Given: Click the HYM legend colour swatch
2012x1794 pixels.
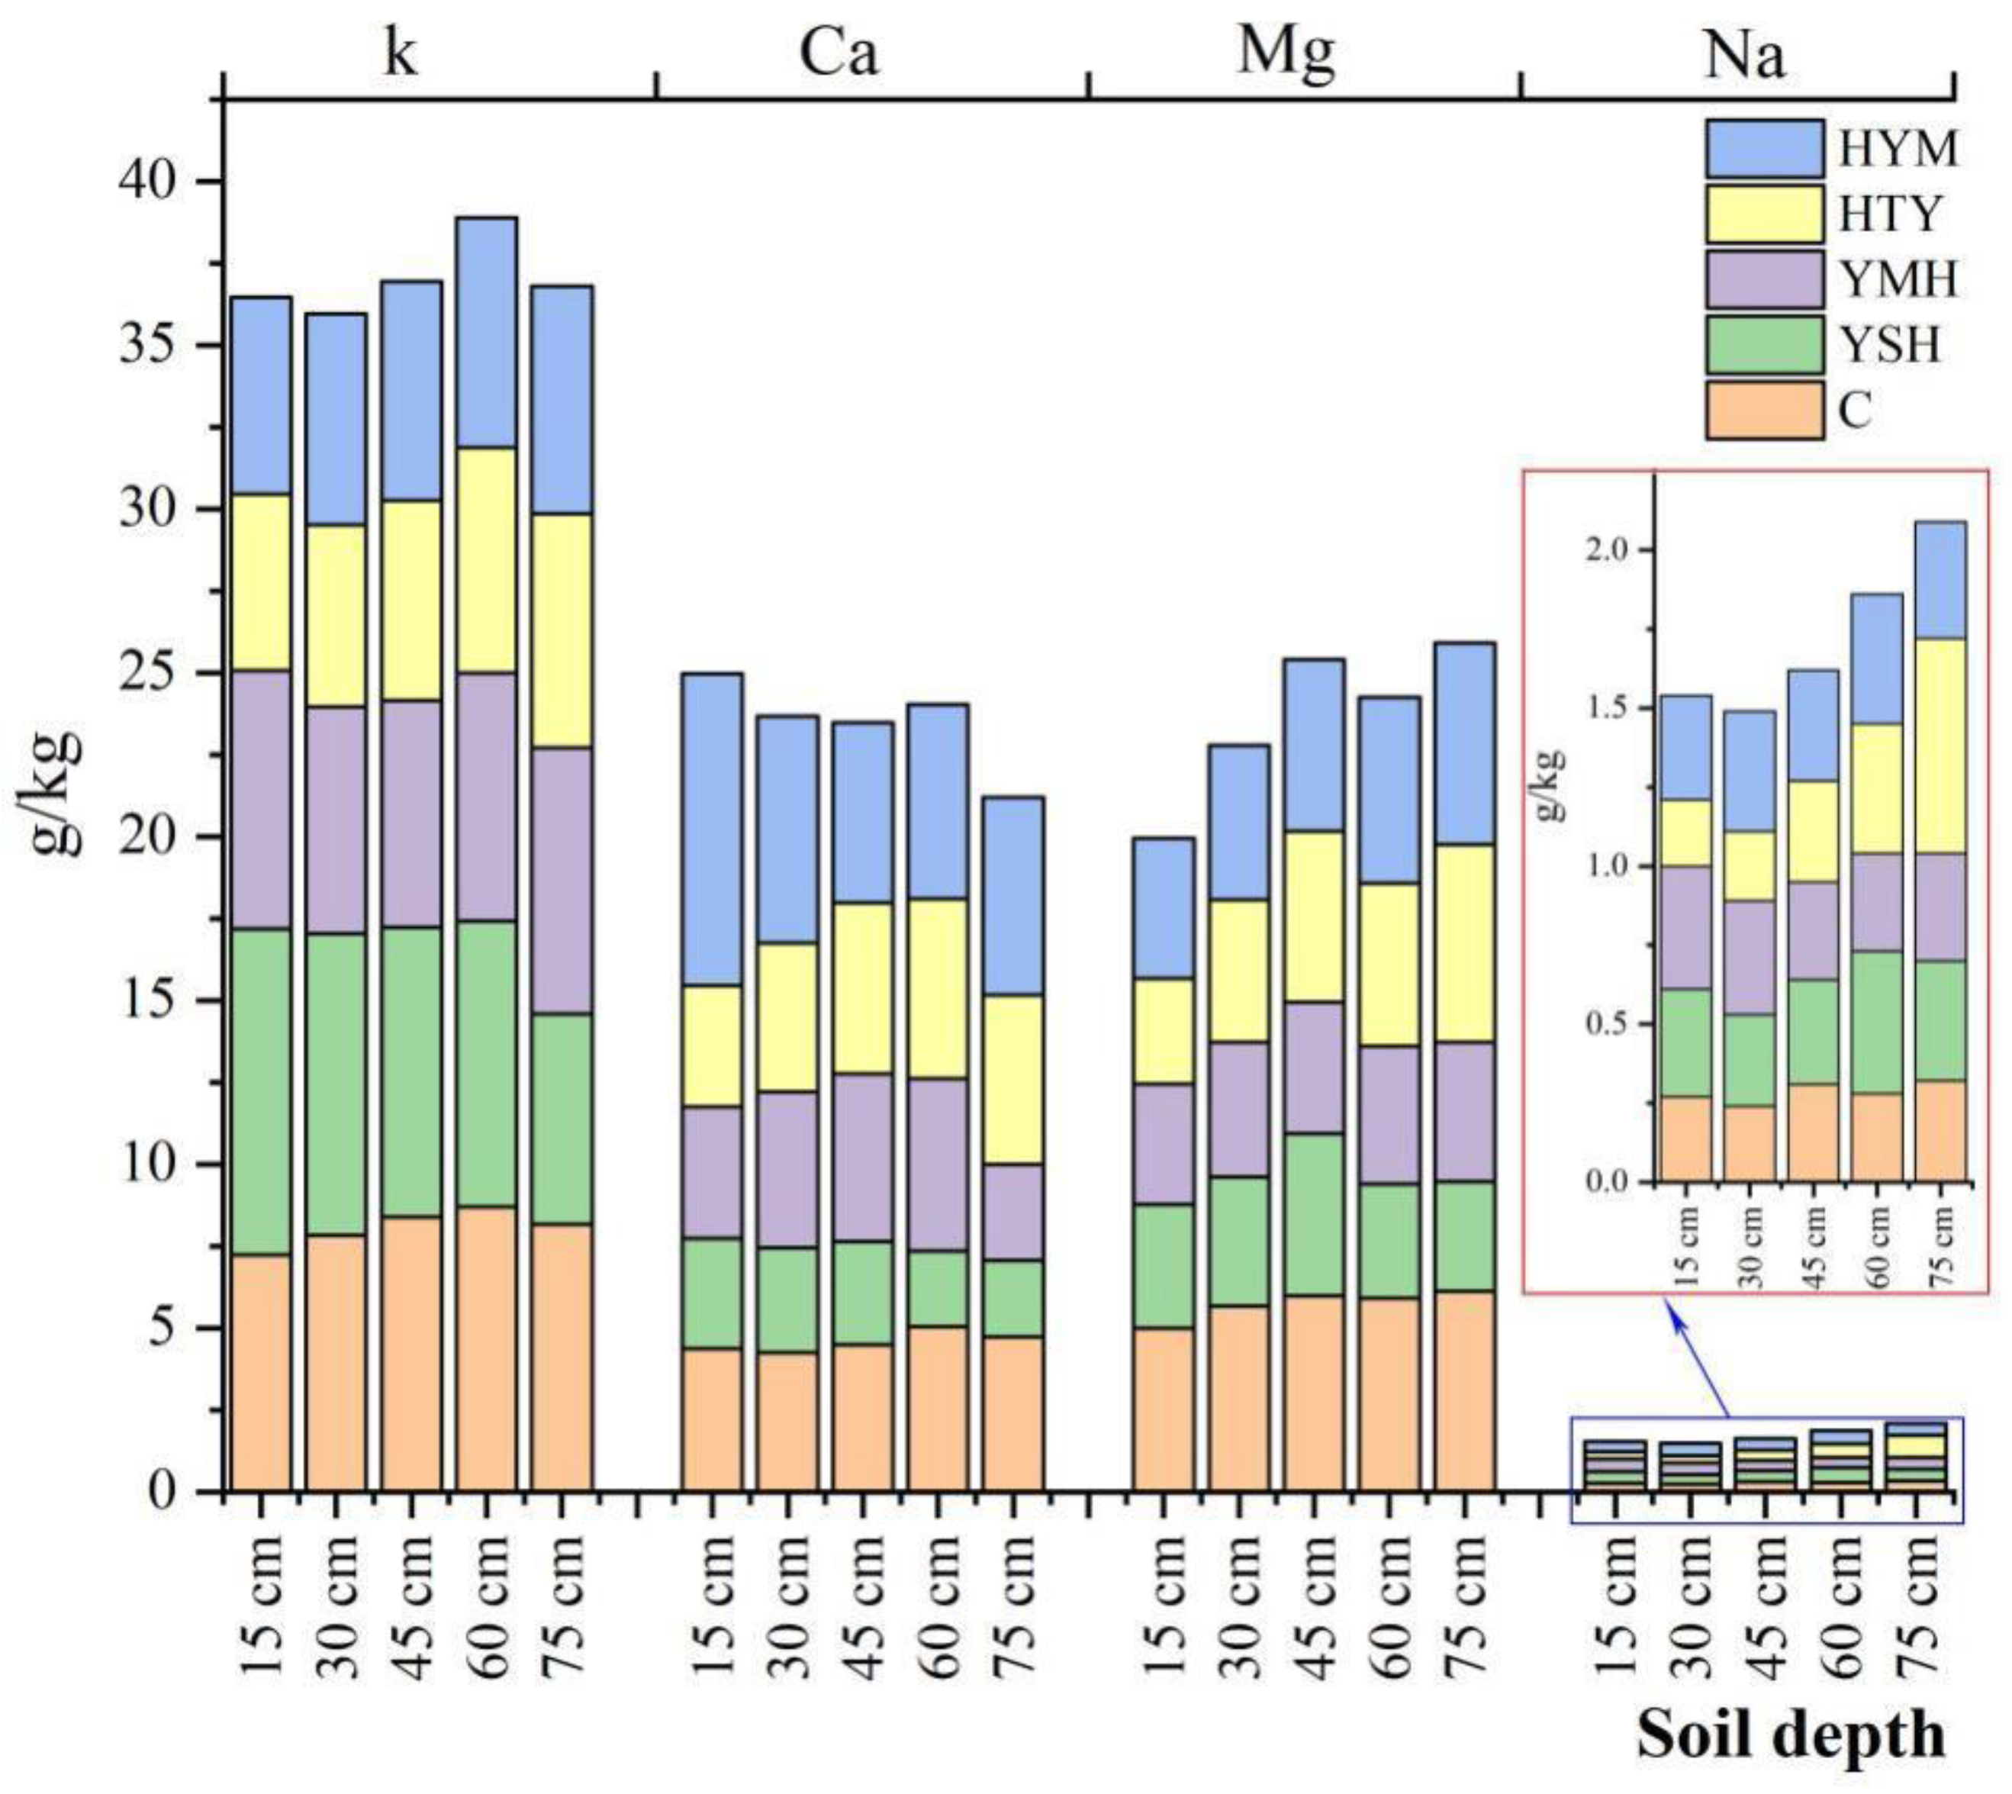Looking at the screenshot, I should point(1765,149).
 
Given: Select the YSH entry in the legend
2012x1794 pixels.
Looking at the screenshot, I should point(1765,344).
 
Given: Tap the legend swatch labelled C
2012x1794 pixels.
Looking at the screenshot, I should point(1765,409).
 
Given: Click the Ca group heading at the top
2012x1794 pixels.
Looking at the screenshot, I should point(838,55).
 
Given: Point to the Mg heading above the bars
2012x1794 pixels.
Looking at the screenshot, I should point(1286,53).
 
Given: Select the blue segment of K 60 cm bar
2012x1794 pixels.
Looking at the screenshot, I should point(486,332).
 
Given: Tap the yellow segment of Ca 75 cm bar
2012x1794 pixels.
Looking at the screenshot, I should point(1012,1079).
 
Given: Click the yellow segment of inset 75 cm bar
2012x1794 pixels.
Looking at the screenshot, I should point(1940,746).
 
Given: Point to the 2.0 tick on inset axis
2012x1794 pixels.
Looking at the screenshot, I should point(1607,550).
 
